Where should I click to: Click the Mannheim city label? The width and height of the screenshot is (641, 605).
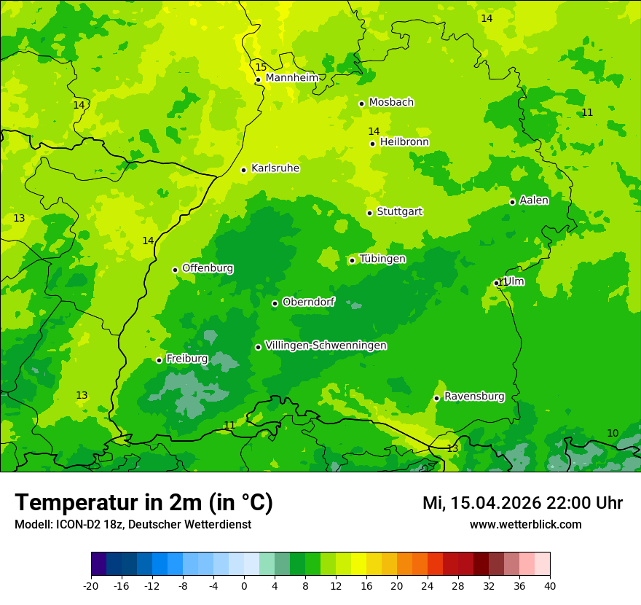coord(292,78)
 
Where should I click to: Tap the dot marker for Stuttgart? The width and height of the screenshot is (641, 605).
coord(369,213)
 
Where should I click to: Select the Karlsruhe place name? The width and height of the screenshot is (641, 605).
coord(275,168)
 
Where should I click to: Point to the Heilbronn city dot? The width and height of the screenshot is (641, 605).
coord(372,144)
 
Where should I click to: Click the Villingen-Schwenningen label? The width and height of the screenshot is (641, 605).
coord(326,346)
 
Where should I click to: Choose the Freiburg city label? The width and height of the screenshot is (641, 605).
coord(186,359)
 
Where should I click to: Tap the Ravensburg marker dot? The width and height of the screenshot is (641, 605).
coord(436,398)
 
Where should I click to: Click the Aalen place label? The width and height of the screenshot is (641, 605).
coord(534,200)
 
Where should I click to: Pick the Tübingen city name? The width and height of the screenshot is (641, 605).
coord(382,259)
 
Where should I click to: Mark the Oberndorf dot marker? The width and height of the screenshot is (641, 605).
coord(275,303)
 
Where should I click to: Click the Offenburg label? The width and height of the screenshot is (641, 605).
coord(208,268)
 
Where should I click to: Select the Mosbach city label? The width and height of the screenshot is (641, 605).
coord(391,103)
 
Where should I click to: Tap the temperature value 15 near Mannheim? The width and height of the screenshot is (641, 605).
coord(261,68)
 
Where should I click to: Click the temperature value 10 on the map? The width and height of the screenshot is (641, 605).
coord(613,434)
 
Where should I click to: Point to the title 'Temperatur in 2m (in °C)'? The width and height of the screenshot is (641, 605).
coord(143,503)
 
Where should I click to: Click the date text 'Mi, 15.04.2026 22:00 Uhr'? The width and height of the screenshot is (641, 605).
coord(522,503)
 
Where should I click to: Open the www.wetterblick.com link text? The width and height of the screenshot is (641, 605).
coord(525,524)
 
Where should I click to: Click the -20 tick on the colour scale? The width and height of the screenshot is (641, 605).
coord(91,586)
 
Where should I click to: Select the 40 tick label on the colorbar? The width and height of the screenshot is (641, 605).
coord(550,586)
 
